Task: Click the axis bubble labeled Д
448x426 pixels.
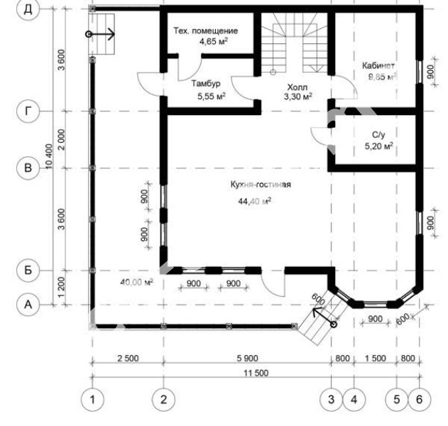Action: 28,9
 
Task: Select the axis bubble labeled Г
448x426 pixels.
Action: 28,111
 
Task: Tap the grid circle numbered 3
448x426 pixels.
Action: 331,399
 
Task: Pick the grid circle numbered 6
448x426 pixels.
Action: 419,399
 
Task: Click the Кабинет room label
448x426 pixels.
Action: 378,65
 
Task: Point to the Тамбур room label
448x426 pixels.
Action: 206,84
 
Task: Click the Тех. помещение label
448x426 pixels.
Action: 206,31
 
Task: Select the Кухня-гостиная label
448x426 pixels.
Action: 261,185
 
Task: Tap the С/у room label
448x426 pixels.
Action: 378,135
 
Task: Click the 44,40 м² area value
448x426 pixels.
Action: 255,201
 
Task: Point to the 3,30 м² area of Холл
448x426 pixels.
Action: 297,97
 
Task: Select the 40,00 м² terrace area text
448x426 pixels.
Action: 136,283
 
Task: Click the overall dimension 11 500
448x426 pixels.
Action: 256,373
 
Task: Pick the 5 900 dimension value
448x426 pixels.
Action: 247,358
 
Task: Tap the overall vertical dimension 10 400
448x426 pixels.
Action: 49,156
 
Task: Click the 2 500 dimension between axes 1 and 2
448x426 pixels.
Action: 128,358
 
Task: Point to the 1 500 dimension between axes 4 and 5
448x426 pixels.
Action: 376,358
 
